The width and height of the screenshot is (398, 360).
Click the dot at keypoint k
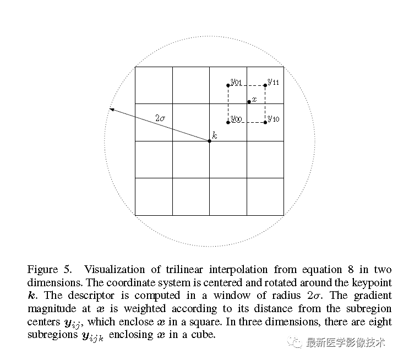209,141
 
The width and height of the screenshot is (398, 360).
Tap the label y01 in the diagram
237,83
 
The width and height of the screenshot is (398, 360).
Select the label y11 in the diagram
274,82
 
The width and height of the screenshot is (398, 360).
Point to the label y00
237,119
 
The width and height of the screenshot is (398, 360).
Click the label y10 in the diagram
274,119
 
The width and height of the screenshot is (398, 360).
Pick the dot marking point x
249,102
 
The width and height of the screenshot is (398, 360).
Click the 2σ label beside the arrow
160,118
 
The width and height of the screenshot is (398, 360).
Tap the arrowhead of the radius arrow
111,110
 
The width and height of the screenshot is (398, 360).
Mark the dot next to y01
228,85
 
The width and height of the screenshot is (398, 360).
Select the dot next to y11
265,85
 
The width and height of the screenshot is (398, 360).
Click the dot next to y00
228,122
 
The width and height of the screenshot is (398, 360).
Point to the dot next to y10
265,122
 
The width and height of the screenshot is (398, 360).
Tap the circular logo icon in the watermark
297,343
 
